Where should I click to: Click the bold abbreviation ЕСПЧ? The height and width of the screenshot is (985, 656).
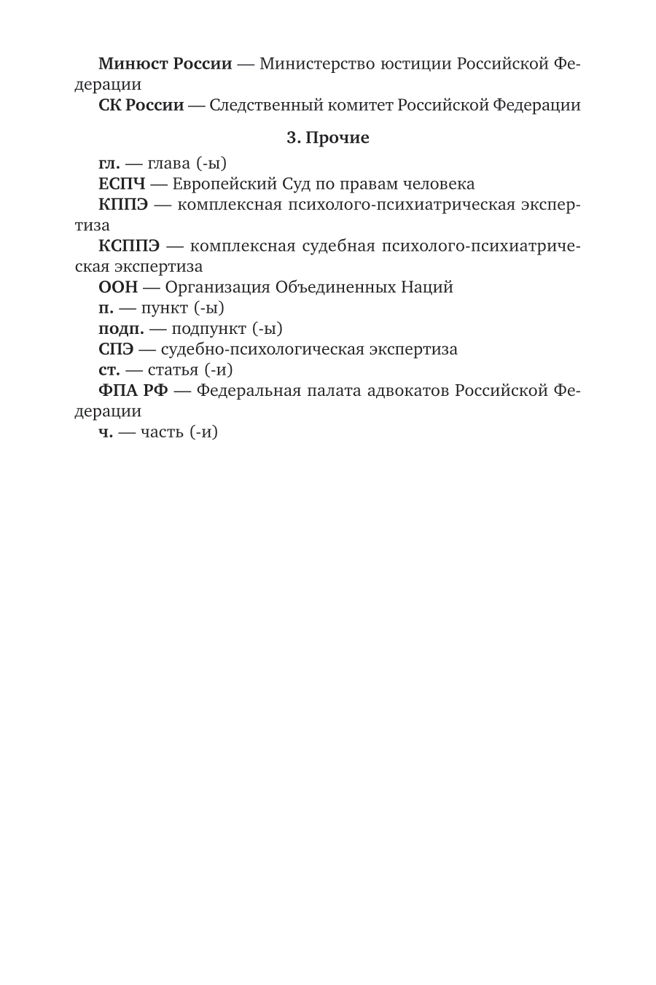click(x=122, y=184)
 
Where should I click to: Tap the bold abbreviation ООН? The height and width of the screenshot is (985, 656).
click(x=118, y=287)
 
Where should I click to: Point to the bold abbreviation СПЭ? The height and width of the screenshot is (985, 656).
click(x=116, y=349)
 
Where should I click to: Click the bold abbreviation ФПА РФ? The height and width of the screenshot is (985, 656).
click(x=133, y=391)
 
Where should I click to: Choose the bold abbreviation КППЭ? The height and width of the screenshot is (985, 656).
click(x=123, y=204)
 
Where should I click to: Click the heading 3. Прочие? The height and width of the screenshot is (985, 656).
click(x=328, y=138)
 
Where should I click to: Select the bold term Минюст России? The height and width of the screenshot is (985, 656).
click(x=165, y=64)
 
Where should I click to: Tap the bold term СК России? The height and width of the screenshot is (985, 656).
click(x=141, y=106)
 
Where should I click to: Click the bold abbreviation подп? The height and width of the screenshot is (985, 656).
click(x=121, y=329)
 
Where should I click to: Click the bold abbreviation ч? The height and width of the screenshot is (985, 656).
click(x=106, y=432)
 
